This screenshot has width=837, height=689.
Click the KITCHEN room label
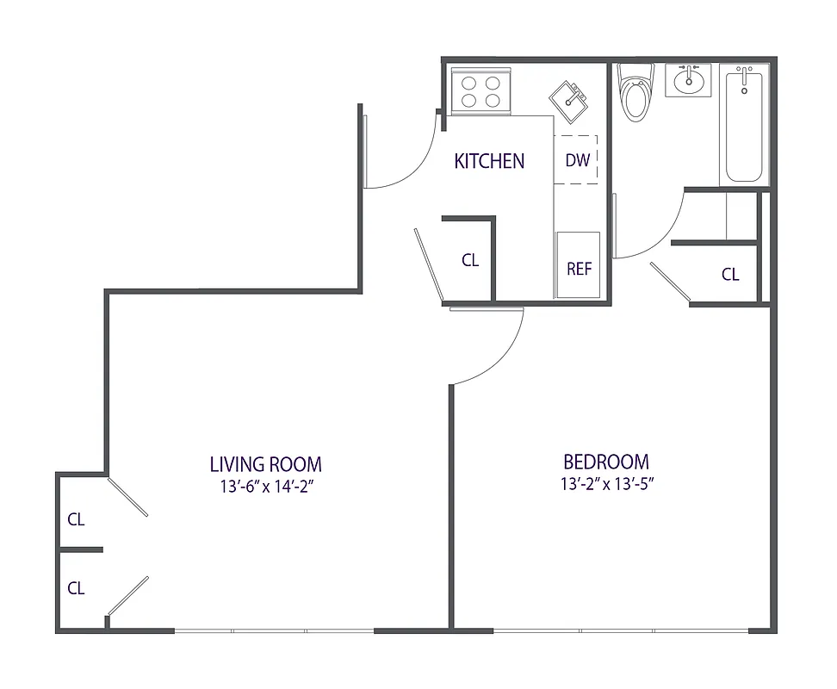[489, 161]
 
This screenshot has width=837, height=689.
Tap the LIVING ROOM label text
[265, 464]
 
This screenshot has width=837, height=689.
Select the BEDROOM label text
[605, 462]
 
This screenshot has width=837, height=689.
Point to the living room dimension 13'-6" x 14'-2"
[265, 487]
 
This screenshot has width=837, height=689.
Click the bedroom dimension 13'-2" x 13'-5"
[605, 484]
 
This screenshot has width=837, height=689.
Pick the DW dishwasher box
[578, 160]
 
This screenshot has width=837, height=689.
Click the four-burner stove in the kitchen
[480, 91]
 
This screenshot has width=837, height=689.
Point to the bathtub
[745, 125]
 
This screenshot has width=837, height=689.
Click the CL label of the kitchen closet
[469, 260]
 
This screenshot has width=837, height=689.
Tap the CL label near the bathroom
[730, 275]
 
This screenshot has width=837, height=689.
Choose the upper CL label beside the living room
[77, 519]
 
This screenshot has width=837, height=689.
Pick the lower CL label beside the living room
[77, 588]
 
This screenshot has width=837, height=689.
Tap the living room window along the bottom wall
[274, 631]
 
